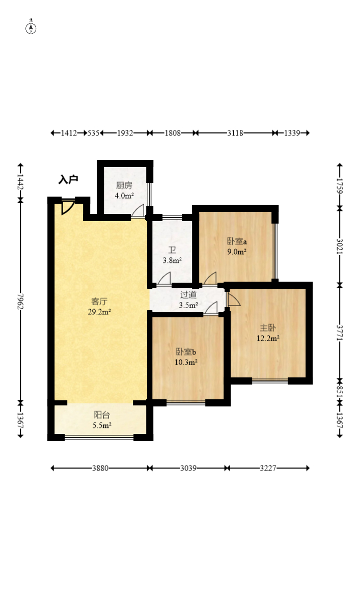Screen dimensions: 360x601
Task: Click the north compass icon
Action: tap(31, 28)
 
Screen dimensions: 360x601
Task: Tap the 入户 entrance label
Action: tap(68, 179)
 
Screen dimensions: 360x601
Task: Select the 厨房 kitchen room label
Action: tap(124, 185)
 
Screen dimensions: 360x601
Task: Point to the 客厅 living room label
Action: tap(99, 302)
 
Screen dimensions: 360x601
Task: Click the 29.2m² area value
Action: tap(99, 312)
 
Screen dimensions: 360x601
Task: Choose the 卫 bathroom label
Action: tap(172, 250)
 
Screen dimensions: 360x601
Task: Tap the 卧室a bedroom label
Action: tap(237, 241)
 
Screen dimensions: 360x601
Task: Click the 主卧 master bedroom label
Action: tap(268, 327)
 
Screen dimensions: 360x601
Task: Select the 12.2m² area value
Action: tap(268, 338)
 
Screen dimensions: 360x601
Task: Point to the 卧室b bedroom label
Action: tap(186, 351)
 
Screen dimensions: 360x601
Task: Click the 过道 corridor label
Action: tap(188, 295)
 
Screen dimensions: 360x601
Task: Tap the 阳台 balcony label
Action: tap(102, 415)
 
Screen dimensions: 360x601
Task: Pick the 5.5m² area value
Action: tap(102, 425)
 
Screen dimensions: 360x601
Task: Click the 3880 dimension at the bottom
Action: tap(100, 468)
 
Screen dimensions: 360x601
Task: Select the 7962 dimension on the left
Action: tap(20, 302)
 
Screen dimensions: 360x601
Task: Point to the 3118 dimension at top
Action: tap(235, 133)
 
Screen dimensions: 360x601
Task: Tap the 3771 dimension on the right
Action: tap(340, 333)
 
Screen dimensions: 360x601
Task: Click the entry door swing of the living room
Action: tap(67, 207)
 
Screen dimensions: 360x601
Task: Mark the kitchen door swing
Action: tap(138, 211)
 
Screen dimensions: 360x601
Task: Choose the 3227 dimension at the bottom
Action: tap(268, 468)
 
